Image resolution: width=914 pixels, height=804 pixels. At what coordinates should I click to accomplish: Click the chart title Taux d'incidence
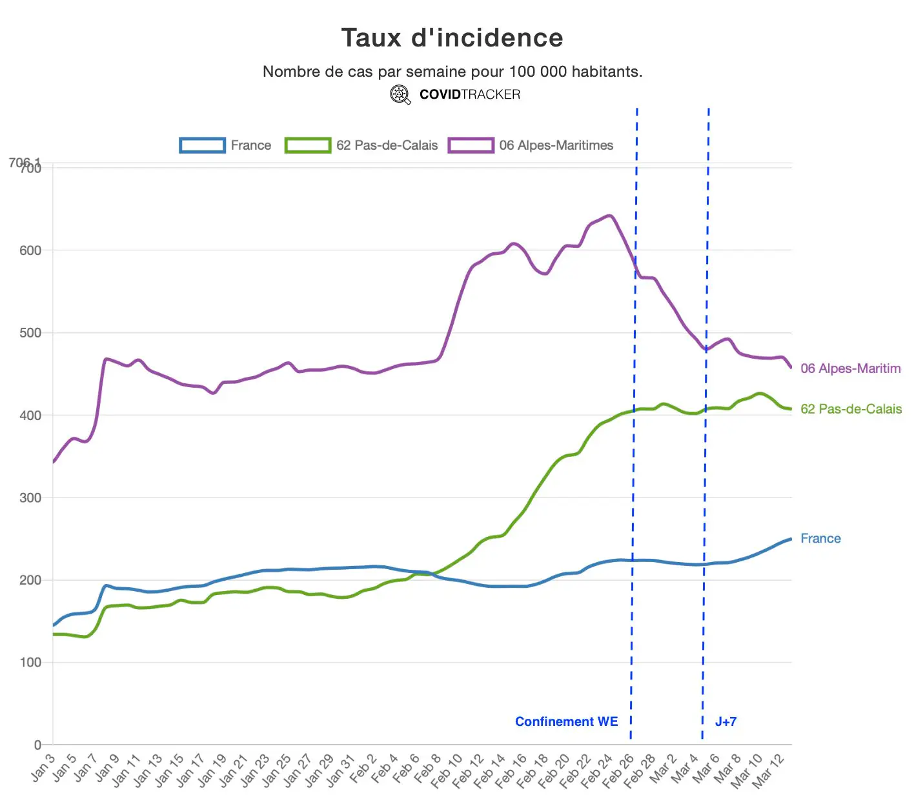click(x=452, y=38)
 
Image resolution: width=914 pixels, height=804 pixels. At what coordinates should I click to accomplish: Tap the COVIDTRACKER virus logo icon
click(x=400, y=95)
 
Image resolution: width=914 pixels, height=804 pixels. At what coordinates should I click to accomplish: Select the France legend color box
click(x=202, y=145)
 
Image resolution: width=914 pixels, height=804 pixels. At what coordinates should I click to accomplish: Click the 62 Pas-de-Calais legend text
click(x=387, y=145)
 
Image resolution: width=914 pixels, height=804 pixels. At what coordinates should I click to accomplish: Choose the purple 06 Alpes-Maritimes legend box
click(x=471, y=145)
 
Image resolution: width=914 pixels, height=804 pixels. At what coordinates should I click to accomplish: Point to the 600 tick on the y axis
click(x=30, y=250)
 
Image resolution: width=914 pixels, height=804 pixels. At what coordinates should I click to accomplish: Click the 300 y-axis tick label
click(x=30, y=497)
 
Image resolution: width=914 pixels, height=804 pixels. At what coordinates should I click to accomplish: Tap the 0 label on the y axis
click(x=37, y=745)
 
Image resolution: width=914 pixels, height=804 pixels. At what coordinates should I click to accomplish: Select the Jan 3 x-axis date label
click(x=44, y=767)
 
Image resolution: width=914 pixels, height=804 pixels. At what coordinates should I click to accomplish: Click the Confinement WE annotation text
click(x=566, y=721)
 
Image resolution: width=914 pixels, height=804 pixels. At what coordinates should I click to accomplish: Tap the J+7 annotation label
click(x=726, y=721)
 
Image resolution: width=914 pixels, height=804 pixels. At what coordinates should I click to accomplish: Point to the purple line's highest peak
click(x=609, y=216)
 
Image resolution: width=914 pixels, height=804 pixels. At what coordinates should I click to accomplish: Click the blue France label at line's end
click(x=820, y=538)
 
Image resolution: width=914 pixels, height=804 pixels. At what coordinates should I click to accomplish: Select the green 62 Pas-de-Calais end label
click(x=851, y=408)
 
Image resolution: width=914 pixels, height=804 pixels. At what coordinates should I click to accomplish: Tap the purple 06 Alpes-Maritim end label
click(x=850, y=368)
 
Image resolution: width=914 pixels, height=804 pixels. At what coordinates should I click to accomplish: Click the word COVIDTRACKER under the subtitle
click(x=469, y=95)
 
